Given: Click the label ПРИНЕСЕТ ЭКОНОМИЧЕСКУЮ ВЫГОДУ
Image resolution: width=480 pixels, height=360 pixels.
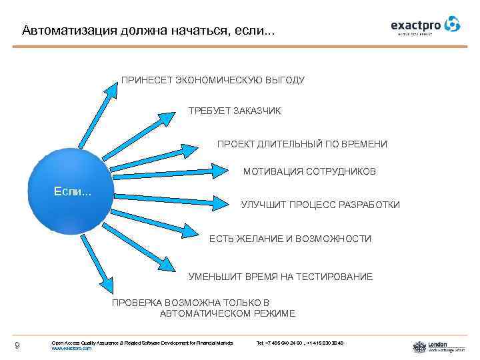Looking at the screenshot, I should click(x=213, y=80).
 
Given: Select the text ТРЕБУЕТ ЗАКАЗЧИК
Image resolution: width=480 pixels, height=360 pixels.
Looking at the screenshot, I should click(x=235, y=111).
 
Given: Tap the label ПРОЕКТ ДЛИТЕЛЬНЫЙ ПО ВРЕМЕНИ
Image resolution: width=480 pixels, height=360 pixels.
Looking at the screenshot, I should click(x=302, y=144).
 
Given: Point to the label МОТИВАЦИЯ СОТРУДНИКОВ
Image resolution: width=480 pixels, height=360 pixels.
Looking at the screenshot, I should click(x=309, y=172).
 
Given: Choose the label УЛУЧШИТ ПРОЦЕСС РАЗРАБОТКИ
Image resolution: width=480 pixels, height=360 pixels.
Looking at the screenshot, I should click(x=320, y=205).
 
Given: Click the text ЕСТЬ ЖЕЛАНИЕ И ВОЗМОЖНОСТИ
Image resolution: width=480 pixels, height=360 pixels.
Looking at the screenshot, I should click(x=290, y=239).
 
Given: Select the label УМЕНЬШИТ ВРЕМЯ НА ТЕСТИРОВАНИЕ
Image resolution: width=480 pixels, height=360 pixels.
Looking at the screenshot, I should click(x=281, y=277).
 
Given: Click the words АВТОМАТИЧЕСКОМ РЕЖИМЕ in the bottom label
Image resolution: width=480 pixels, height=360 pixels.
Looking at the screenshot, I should click(x=227, y=313).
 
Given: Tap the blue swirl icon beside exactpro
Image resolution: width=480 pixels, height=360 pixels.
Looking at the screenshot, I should click(x=453, y=25).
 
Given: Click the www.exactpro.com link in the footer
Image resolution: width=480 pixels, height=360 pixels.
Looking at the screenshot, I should click(x=71, y=349).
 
